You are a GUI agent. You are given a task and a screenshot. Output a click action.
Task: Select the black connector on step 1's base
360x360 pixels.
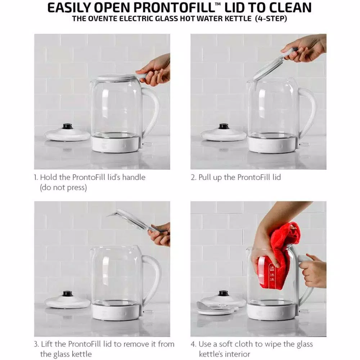point(67,126)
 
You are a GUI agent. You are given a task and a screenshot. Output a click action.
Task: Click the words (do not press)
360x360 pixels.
point(63,188)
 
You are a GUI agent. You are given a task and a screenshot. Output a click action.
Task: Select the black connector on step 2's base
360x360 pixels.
point(224,126)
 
